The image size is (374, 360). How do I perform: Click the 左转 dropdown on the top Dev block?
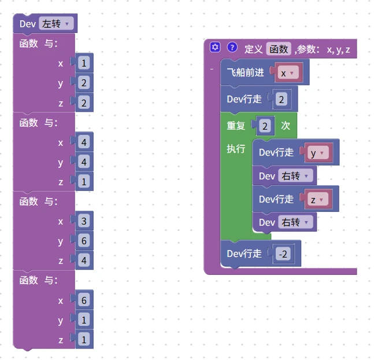click(56, 24)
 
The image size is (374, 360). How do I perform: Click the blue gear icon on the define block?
click(215, 47)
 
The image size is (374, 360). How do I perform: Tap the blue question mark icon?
click(232, 47)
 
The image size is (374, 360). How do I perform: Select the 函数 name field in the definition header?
click(279, 49)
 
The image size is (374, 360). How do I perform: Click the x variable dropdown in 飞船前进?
click(288, 72)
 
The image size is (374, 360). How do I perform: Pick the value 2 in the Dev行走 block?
click(281, 99)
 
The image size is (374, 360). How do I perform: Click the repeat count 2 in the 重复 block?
click(265, 126)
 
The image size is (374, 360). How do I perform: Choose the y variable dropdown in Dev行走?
click(318, 153)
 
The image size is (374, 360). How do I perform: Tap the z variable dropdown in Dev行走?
click(318, 199)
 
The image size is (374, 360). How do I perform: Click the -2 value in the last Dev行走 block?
click(283, 254)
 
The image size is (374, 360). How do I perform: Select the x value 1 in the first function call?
click(84, 63)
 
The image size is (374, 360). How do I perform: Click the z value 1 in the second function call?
click(84, 182)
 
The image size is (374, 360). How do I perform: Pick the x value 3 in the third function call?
click(84, 221)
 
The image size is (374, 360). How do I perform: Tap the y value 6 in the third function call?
click(84, 241)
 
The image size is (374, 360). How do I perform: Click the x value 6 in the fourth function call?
click(84, 300)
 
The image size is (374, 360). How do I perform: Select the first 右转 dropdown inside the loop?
click(295, 176)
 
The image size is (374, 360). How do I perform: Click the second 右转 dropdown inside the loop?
click(295, 222)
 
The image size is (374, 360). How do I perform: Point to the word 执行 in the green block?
click(236, 149)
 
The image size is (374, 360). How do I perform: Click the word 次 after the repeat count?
click(286, 126)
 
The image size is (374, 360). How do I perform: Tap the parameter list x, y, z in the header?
click(338, 49)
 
